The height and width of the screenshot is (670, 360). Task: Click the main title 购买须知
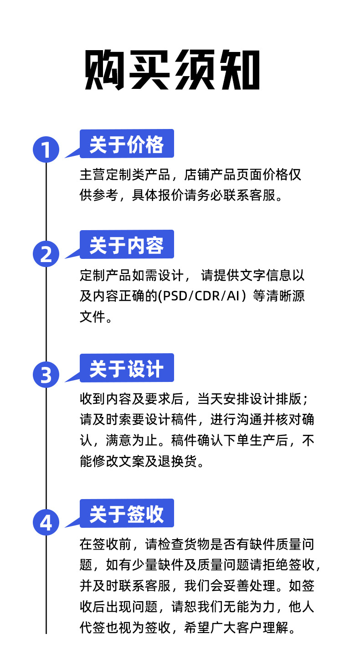172,71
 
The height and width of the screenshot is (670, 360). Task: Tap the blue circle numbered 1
46,149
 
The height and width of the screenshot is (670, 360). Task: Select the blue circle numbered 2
46,254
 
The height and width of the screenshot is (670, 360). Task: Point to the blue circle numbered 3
46,375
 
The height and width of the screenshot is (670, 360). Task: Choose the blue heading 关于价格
126,144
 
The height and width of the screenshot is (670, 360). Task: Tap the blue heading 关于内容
126,246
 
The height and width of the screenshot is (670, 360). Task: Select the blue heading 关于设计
126,368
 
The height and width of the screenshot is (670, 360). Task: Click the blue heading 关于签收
126,514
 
